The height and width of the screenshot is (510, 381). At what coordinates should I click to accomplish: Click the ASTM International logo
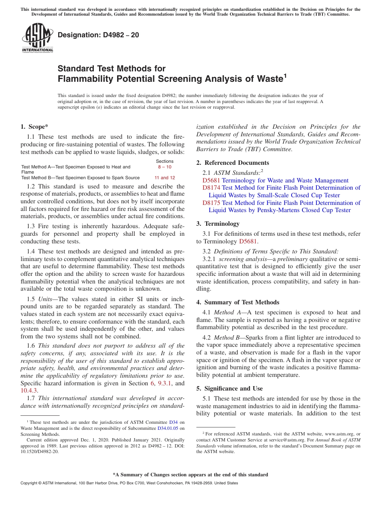(x=37, y=38)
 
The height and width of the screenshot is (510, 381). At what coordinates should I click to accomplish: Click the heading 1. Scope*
(x=34, y=127)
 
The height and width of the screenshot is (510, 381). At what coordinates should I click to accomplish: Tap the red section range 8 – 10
(x=164, y=167)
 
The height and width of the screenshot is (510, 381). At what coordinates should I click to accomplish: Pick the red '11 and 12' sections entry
(x=164, y=178)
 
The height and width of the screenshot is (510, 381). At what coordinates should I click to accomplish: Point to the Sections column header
(x=164, y=161)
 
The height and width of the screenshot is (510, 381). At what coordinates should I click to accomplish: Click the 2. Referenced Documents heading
(x=233, y=163)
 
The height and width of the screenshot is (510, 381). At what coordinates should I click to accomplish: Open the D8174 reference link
(x=211, y=188)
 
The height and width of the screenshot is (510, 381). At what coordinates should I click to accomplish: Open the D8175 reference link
(x=211, y=203)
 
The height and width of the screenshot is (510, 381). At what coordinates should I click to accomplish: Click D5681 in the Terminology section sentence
(x=248, y=241)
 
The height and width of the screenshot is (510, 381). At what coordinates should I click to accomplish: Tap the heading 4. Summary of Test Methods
(x=238, y=302)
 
